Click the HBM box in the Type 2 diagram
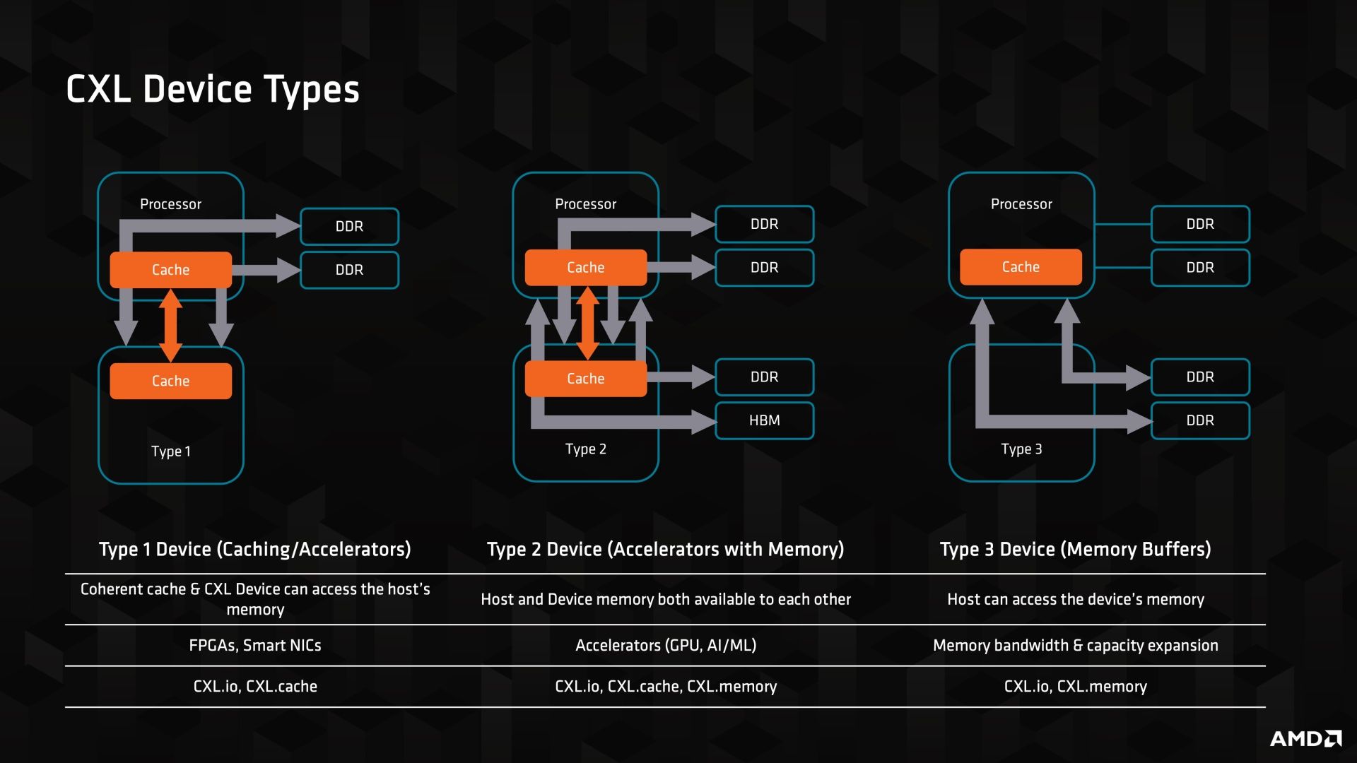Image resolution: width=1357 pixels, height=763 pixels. pos(764,420)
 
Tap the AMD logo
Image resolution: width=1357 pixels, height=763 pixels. pos(1305,738)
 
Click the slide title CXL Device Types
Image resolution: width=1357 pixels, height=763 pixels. pos(213,90)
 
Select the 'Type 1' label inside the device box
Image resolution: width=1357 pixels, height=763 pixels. pos(171,451)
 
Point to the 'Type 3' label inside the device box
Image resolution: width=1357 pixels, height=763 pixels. pos(1021,449)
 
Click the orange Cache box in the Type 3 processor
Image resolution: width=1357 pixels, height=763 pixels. pos(1021,267)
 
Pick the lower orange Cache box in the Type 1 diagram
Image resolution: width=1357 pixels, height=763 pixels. pos(170,381)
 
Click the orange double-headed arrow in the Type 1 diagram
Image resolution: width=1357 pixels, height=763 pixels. pos(170,326)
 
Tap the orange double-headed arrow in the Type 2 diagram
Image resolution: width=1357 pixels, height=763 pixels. pos(587,323)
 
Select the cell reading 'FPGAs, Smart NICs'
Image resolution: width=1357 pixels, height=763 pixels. pos(255,645)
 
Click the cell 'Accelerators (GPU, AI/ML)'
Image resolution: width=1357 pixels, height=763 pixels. pos(666,645)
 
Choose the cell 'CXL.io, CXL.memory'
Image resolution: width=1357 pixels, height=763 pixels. pos(1075,686)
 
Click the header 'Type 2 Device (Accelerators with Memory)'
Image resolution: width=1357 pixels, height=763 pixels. pos(665,549)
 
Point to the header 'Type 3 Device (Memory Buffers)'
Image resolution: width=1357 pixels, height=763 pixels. pos(1075,549)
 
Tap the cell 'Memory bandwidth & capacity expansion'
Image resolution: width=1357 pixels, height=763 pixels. pos(1075,645)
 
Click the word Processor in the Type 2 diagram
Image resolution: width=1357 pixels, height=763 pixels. pos(585,204)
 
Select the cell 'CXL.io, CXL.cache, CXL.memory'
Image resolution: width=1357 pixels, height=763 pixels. pos(666,686)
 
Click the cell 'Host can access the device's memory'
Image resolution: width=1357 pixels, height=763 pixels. pos(1075,599)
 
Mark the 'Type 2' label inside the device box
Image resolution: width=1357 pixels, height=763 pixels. pos(585,449)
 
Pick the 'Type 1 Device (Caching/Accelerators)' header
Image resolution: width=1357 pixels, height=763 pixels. pos(255,549)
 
